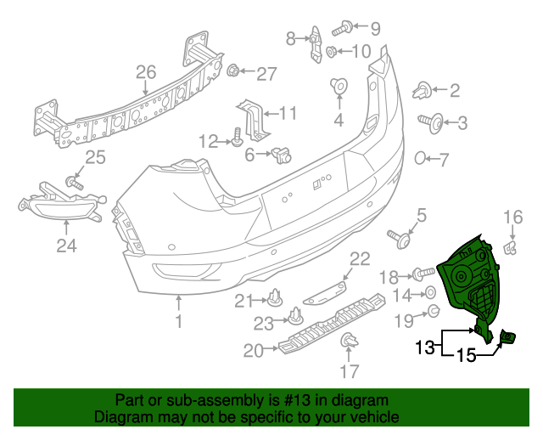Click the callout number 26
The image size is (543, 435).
(146, 71)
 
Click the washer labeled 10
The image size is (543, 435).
(332, 53)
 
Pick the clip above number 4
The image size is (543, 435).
(338, 86)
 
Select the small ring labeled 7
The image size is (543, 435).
(420, 158)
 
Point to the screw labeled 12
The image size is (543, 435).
(237, 137)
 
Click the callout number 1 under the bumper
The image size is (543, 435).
(179, 322)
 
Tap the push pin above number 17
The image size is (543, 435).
(349, 342)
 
